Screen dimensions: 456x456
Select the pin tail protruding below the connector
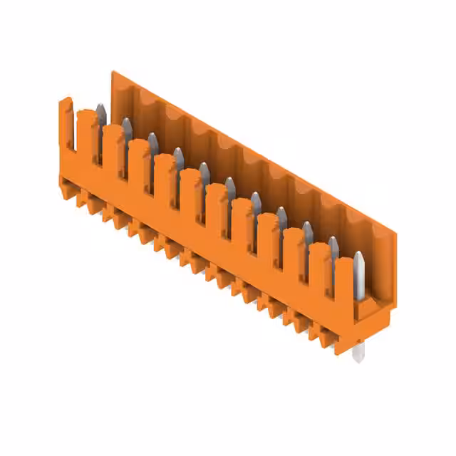click(358, 352)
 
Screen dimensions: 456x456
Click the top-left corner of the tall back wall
click(113, 73)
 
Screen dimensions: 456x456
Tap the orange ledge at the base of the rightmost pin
click(370, 306)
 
